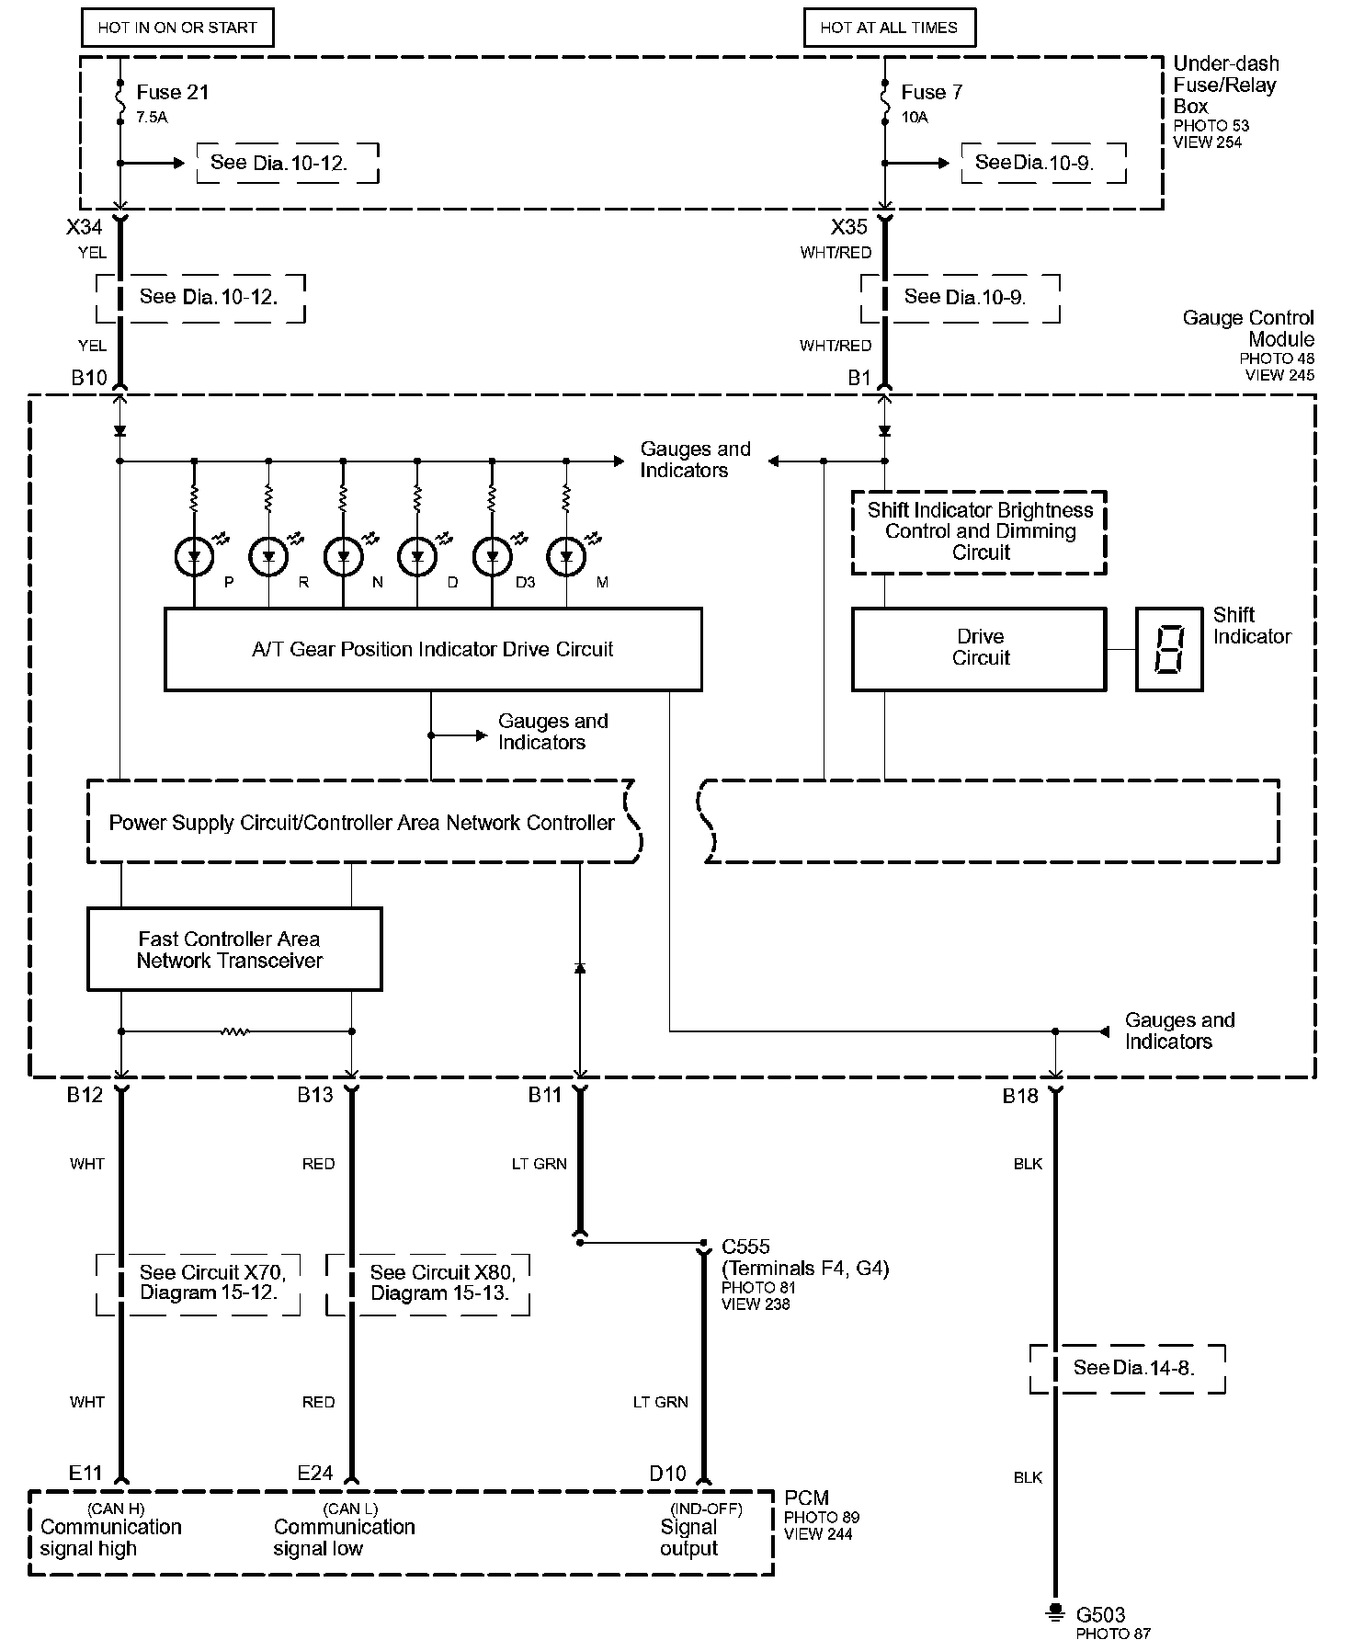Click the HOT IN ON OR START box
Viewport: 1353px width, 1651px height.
pyautogui.click(x=177, y=28)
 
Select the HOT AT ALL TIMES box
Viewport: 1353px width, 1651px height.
pyautogui.click(x=889, y=28)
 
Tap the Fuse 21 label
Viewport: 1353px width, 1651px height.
pyautogui.click(x=173, y=92)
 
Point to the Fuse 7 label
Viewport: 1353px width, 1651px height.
pyautogui.click(x=932, y=92)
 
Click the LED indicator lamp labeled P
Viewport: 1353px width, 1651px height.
pyautogui.click(x=194, y=556)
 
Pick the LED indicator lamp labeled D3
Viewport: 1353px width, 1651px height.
pyautogui.click(x=492, y=556)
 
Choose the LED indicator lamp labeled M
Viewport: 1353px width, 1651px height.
pyautogui.click(x=566, y=556)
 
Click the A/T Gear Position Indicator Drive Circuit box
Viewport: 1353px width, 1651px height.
pyautogui.click(x=433, y=649)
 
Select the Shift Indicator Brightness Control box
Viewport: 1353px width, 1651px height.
pyautogui.click(x=979, y=532)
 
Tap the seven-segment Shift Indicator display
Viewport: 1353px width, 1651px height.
pyautogui.click(x=1168, y=649)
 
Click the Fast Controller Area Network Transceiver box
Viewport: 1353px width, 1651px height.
pyautogui.click(x=234, y=950)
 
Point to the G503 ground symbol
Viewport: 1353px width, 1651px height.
pyautogui.click(x=1055, y=1614)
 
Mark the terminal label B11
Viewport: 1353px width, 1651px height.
pyautogui.click(x=545, y=1095)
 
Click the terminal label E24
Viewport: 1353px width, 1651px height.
pyautogui.click(x=315, y=1473)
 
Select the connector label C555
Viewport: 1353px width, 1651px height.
pyautogui.click(x=745, y=1247)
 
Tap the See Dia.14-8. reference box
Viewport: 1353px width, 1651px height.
pyautogui.click(x=1128, y=1368)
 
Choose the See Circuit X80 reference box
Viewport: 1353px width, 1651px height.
pyautogui.click(x=428, y=1283)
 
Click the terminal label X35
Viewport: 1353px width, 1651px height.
pyautogui.click(x=848, y=227)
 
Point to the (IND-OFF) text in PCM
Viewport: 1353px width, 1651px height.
pyautogui.click(x=706, y=1509)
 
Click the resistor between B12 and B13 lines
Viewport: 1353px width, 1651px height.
pyautogui.click(x=235, y=1031)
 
